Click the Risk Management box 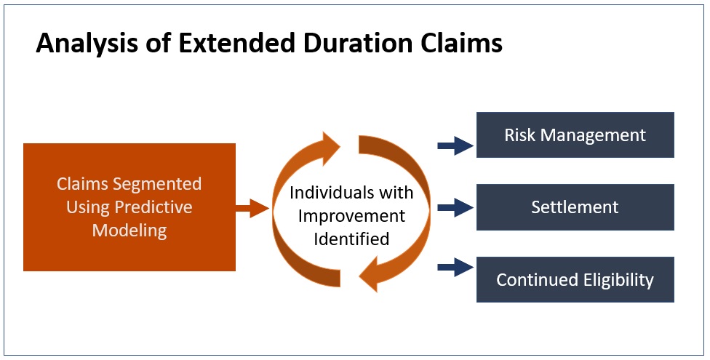575,135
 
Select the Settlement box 575,207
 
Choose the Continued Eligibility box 575,279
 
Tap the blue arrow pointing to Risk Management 455,145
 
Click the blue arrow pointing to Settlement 455,208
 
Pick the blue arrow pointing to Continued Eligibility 455,267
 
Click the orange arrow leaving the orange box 252,208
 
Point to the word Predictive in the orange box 153,207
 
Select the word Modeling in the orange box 129,231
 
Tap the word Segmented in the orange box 157,184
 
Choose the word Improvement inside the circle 351,215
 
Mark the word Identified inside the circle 351,239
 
